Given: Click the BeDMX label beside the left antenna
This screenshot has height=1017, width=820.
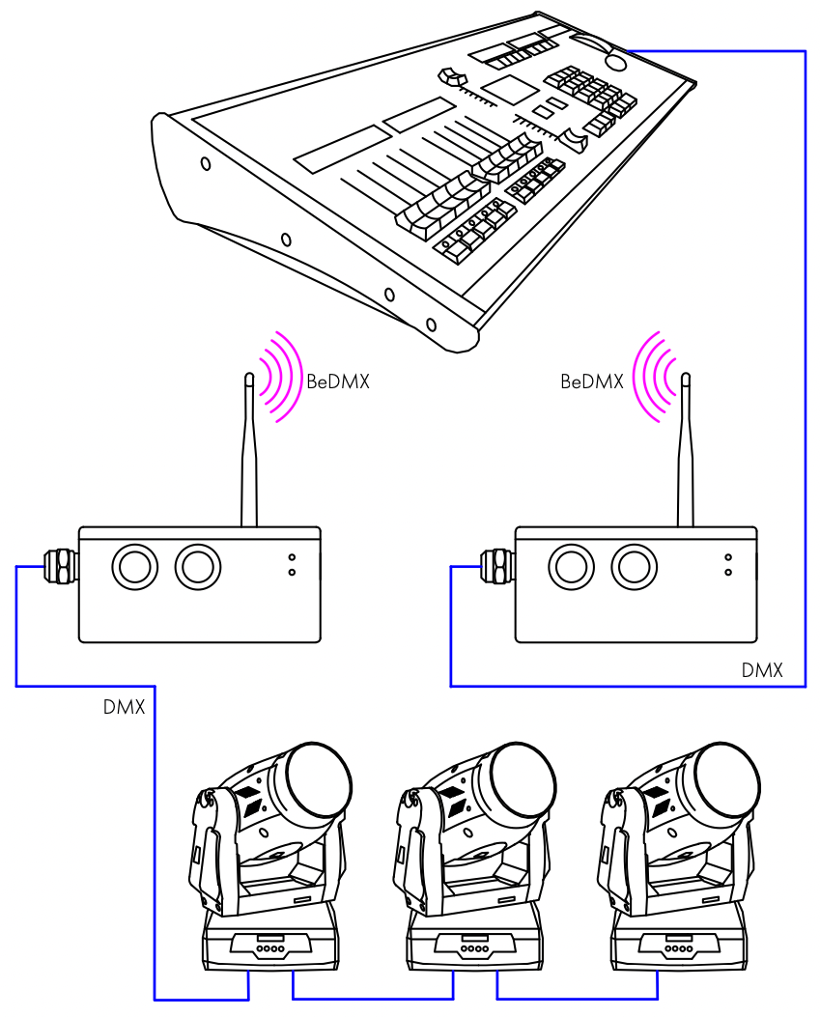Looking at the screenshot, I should point(338,382).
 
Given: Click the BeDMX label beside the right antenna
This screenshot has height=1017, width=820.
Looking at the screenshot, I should point(591,382).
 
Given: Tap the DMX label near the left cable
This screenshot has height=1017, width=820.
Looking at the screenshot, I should point(124,708).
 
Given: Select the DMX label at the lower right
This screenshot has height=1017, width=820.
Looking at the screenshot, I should point(762,670).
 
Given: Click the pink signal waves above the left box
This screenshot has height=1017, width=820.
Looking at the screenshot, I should point(278,377).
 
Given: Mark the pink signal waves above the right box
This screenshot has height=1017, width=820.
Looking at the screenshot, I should point(651,377).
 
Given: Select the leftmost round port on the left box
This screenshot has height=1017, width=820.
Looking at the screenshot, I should point(134,566).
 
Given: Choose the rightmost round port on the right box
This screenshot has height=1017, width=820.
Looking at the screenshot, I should point(633,566).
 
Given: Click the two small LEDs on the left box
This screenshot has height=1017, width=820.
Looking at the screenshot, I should point(292,565).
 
